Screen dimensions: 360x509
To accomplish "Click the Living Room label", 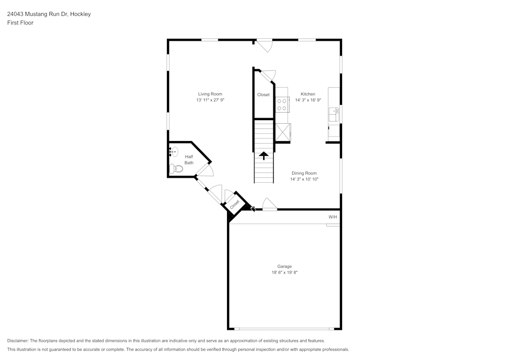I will pyautogui.click(x=210, y=94).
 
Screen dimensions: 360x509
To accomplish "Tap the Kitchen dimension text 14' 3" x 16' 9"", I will pyautogui.click(x=308, y=100).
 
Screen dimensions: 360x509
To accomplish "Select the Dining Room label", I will pyautogui.click(x=304, y=173).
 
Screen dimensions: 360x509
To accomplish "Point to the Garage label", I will pyautogui.click(x=284, y=266).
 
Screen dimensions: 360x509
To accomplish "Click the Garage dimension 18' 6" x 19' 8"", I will pyautogui.click(x=284, y=273).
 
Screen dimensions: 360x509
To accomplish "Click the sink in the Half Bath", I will pyautogui.click(x=173, y=151).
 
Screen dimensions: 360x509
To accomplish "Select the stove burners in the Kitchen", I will pyautogui.click(x=281, y=105).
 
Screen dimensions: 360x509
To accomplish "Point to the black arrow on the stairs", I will pyautogui.click(x=264, y=155).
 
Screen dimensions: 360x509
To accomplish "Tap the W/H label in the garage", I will pyautogui.click(x=332, y=217).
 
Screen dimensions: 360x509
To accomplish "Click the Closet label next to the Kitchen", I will pyautogui.click(x=263, y=95).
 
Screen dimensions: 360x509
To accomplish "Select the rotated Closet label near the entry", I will pyautogui.click(x=235, y=204).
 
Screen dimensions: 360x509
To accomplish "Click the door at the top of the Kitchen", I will pyautogui.click(x=264, y=45).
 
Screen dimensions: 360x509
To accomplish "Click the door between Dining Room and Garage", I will pyautogui.click(x=269, y=205).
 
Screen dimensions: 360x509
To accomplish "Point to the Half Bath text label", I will pyautogui.click(x=189, y=160).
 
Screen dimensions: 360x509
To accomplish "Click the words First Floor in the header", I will pyautogui.click(x=20, y=23).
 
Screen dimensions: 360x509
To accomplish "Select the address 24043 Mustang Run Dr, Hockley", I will pyautogui.click(x=49, y=14).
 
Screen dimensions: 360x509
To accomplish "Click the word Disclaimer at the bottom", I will pyautogui.click(x=18, y=341).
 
